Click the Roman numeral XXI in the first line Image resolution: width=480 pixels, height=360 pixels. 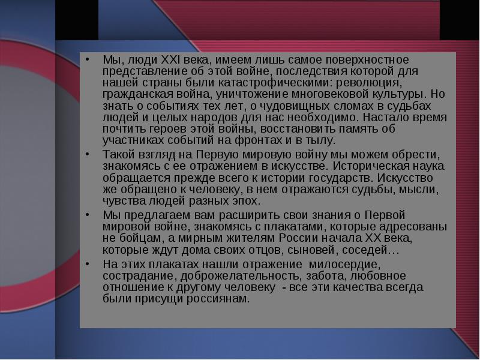click(x=170, y=59)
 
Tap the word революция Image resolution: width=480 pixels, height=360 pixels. click(x=368, y=83)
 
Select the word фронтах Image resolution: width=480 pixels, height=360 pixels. click(x=259, y=140)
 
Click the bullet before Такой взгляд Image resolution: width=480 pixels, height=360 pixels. click(x=88, y=154)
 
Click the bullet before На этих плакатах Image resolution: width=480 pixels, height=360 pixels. click(x=88, y=263)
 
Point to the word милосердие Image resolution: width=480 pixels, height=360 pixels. click(x=344, y=264)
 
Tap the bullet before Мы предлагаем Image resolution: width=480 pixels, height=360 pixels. click(x=88, y=215)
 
